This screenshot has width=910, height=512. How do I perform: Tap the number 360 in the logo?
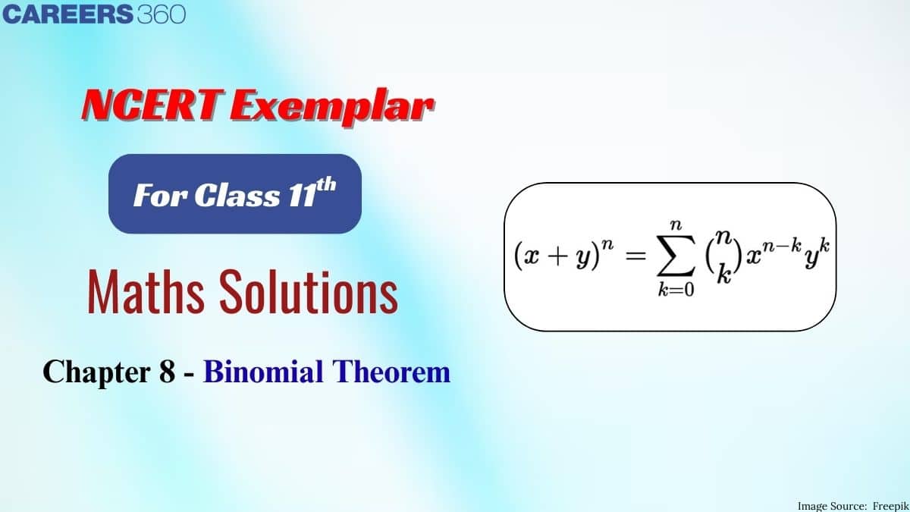[162, 14]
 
